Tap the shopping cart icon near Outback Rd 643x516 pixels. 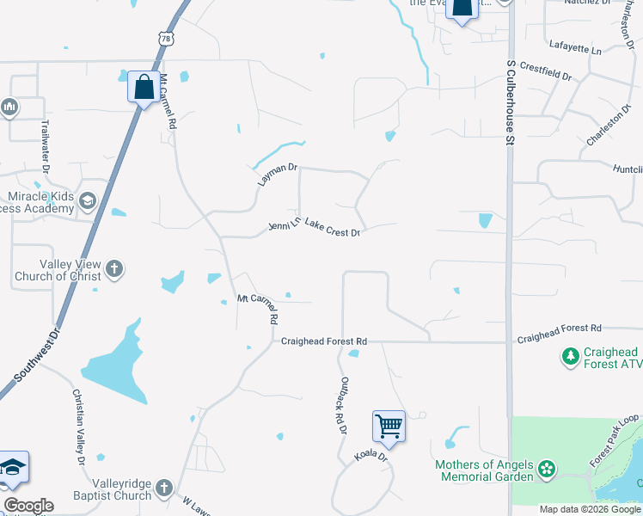tap(389, 425)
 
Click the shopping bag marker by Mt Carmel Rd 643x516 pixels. tap(142, 86)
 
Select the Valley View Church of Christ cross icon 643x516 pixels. tap(114, 270)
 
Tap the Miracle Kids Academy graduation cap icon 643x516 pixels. tap(87, 202)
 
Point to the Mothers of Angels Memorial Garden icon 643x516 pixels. tap(546, 470)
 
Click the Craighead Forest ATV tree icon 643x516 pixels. tap(570, 356)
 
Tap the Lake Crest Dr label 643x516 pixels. tap(331, 228)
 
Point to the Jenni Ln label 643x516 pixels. tap(285, 225)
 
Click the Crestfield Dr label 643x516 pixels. tap(546, 71)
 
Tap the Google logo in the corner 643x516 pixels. tap(28, 506)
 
